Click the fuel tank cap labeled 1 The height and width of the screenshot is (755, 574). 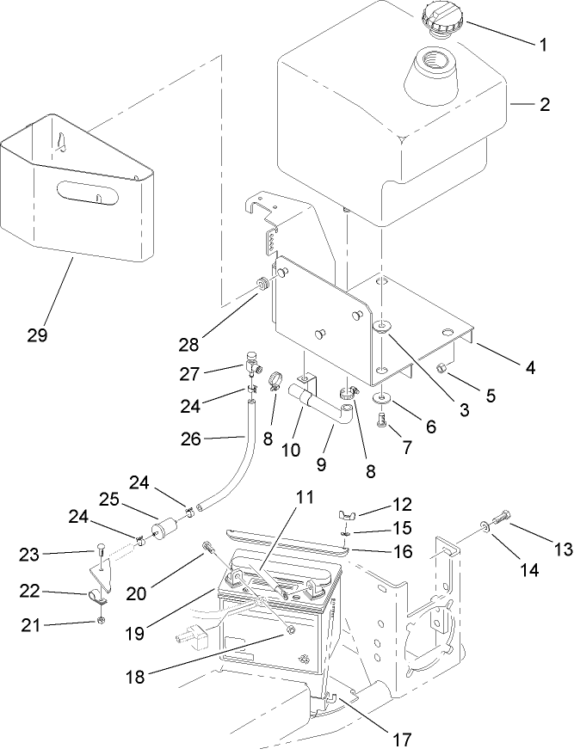pos(442,18)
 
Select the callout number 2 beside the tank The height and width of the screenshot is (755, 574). pos(544,107)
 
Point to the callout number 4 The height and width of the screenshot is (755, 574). pos(530,368)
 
